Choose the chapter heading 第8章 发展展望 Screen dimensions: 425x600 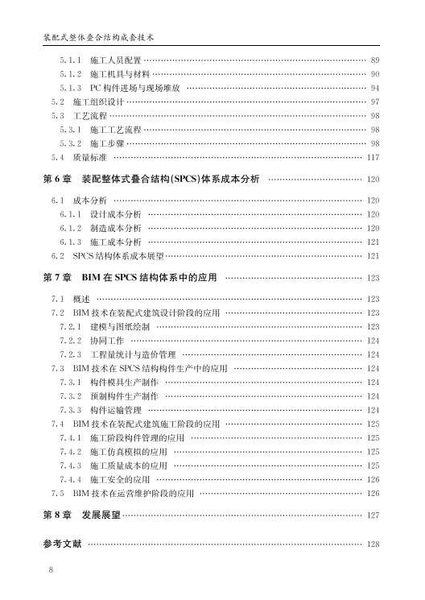[81, 514]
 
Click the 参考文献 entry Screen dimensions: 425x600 [62, 544]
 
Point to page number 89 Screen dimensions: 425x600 [374, 60]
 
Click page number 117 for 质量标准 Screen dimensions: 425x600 [373, 157]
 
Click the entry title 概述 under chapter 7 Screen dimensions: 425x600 [81, 299]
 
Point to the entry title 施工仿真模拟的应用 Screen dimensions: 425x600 [129, 451]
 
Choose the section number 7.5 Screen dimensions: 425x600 [57, 493]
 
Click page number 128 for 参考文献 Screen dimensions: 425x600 [373, 545]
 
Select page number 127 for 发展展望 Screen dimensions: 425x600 [373, 515]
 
